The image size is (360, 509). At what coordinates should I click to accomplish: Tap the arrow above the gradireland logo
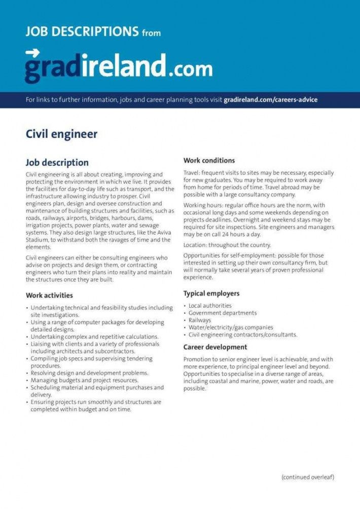click(x=32, y=53)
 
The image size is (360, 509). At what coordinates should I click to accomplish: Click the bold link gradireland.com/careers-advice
click(x=270, y=100)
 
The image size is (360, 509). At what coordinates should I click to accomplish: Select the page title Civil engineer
click(x=61, y=134)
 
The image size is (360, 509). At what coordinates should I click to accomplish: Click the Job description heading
click(x=57, y=163)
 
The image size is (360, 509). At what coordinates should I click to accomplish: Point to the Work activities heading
click(x=49, y=295)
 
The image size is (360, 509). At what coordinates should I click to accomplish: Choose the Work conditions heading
click(x=209, y=161)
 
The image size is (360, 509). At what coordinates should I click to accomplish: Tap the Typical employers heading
click(x=211, y=294)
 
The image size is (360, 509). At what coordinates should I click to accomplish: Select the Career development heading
click(x=215, y=347)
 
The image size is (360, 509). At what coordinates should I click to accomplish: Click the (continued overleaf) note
click(x=308, y=477)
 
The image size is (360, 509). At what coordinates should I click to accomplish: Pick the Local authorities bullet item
click(x=210, y=306)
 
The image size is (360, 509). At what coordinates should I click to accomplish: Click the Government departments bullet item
click(x=223, y=313)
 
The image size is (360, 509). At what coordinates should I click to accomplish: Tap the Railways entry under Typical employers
click(x=200, y=320)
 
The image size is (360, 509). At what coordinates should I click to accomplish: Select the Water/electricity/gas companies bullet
click(x=231, y=328)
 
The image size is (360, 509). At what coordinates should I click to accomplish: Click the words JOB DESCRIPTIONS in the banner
click(x=82, y=32)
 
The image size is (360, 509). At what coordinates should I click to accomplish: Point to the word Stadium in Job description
click(x=38, y=240)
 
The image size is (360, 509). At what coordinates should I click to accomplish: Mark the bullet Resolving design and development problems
click(x=89, y=373)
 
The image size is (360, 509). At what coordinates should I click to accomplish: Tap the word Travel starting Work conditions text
click(x=192, y=173)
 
